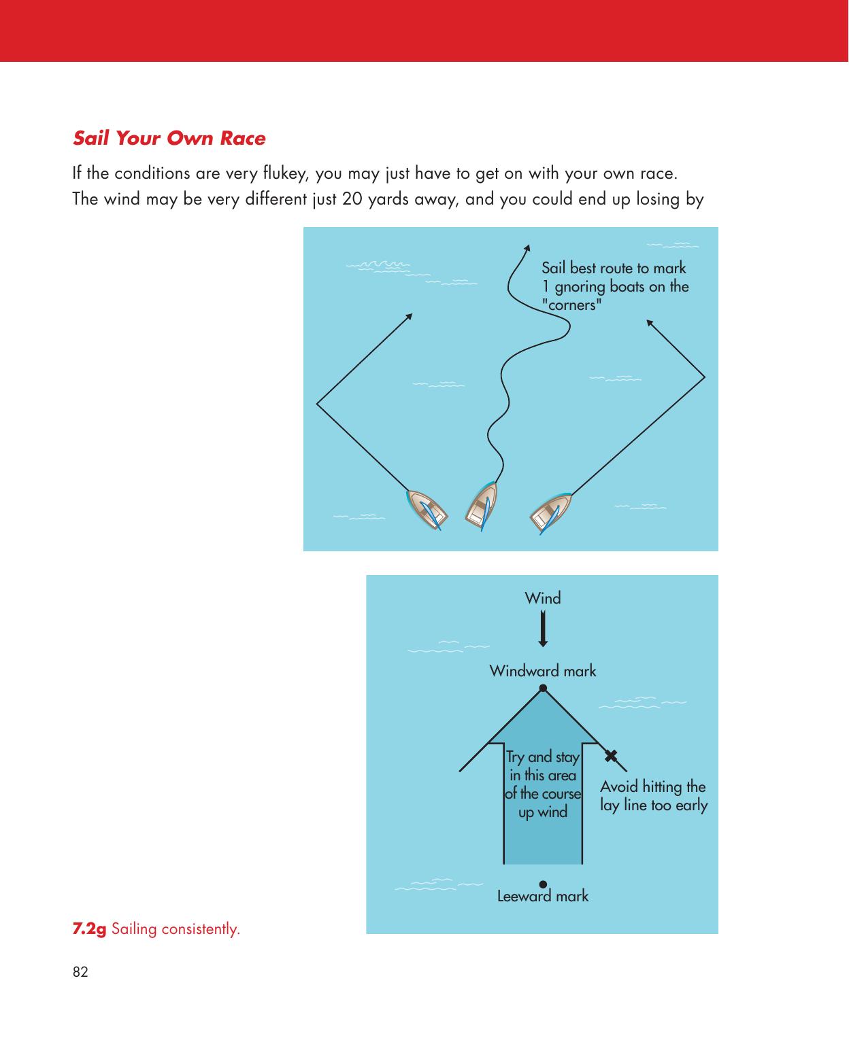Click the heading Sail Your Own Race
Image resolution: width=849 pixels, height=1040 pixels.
pyautogui.click(x=169, y=138)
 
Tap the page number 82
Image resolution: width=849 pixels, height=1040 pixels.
pyautogui.click(x=80, y=971)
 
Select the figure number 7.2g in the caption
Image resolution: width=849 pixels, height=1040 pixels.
pyautogui.click(x=89, y=929)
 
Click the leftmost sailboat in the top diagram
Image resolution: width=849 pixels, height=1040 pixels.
pyautogui.click(x=427, y=510)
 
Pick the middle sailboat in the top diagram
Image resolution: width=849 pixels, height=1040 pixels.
pyautogui.click(x=481, y=506)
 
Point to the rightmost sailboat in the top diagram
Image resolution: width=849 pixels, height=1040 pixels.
pyautogui.click(x=550, y=513)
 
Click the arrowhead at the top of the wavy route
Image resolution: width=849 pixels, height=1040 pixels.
pyautogui.click(x=527, y=248)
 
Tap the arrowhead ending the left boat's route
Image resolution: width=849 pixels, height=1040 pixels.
pyautogui.click(x=409, y=317)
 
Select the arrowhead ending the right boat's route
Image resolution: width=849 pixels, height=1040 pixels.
pyautogui.click(x=650, y=323)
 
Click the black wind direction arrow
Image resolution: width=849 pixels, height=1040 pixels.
pyautogui.click(x=543, y=628)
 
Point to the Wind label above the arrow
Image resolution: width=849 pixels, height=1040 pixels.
pyautogui.click(x=543, y=598)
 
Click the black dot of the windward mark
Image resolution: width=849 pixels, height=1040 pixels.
pyautogui.click(x=543, y=688)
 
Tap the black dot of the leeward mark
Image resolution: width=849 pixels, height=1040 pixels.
pyautogui.click(x=543, y=884)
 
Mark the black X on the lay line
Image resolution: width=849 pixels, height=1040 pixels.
pyautogui.click(x=611, y=755)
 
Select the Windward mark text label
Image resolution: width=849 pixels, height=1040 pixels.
pyautogui.click(x=543, y=671)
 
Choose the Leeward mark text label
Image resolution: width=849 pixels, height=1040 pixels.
pyautogui.click(x=543, y=896)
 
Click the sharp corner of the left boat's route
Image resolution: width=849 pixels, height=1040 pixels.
pyautogui.click(x=317, y=404)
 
